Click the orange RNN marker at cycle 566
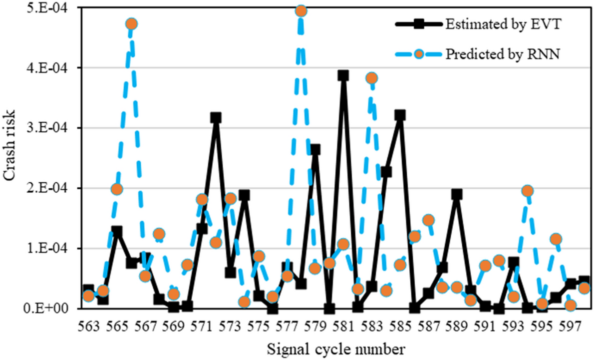pos(131,24)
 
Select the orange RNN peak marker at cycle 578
pos(301,10)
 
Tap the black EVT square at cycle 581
pos(343,75)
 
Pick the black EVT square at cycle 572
pos(216,118)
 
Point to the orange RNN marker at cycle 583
pos(371,78)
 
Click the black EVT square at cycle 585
pos(400,115)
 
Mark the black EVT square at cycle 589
pos(457,194)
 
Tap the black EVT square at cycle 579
pos(315,150)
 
